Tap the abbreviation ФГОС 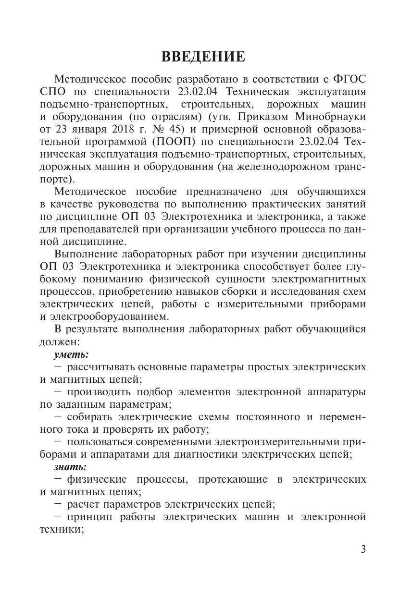pos(350,79)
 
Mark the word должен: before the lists pos(55,342)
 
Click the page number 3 pos(363,549)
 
